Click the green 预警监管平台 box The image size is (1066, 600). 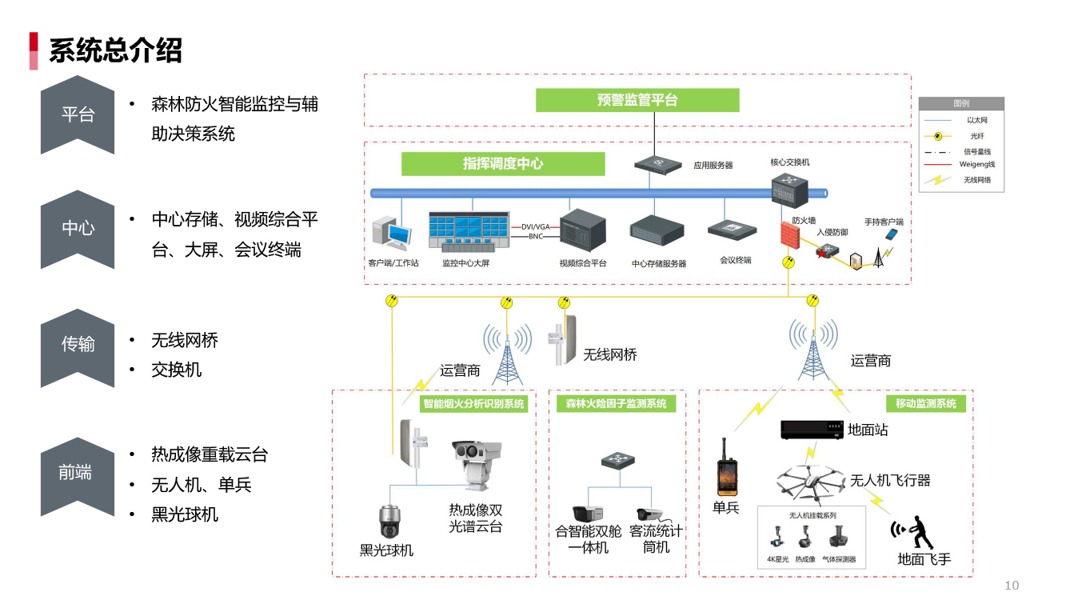click(637, 100)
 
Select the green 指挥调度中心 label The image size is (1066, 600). click(503, 164)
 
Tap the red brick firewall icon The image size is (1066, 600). click(790, 235)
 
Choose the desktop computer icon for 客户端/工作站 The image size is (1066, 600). click(392, 234)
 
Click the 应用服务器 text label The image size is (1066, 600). click(713, 166)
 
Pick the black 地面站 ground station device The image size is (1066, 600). click(811, 430)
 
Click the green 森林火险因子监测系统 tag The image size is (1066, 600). click(616, 404)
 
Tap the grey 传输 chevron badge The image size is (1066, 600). click(78, 344)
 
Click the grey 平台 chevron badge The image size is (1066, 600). click(78, 114)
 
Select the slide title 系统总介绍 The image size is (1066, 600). click(115, 50)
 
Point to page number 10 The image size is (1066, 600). click(1012, 586)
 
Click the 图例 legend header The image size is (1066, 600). click(960, 104)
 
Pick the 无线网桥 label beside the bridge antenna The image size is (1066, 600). click(610, 354)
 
